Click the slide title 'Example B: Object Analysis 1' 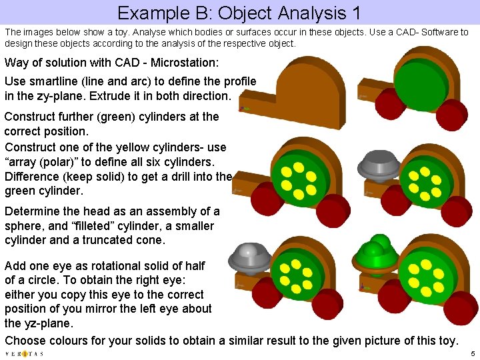[x=242, y=12]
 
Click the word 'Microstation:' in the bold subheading [x=183, y=63]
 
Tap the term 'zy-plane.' [x=69, y=96]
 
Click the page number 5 [x=472, y=353]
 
